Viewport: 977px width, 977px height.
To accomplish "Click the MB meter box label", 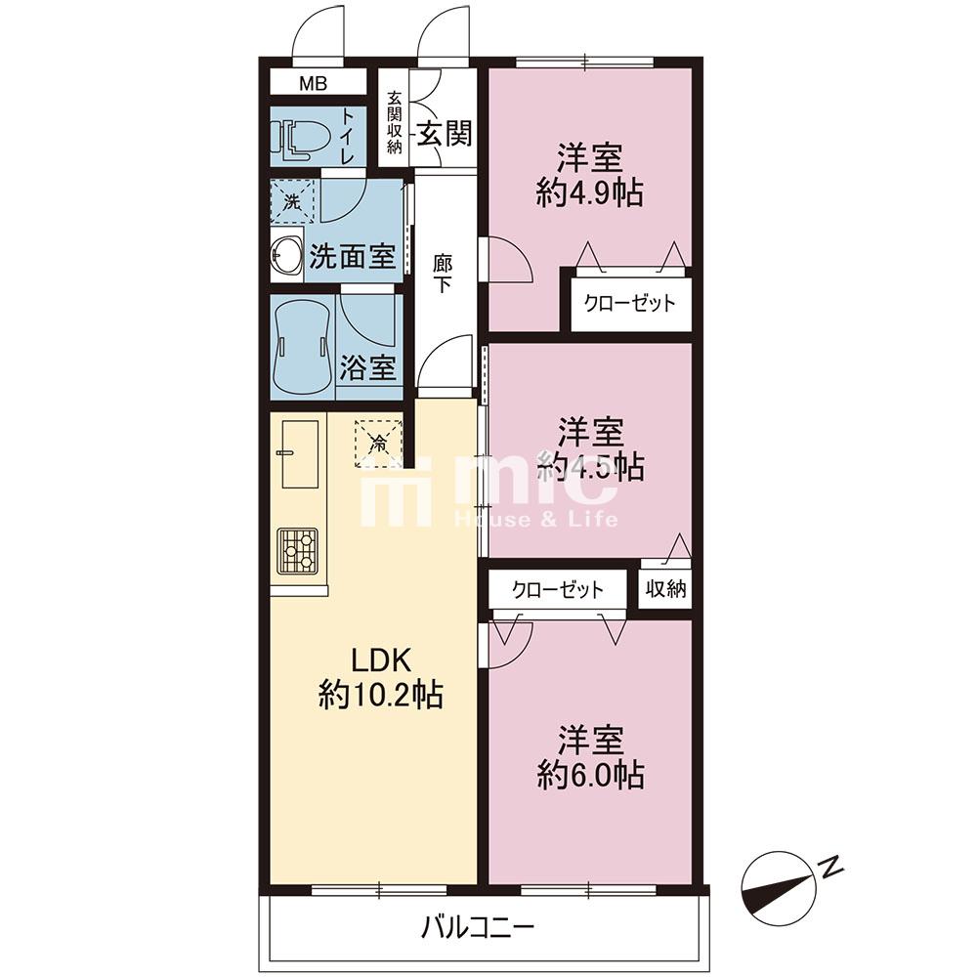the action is point(313,83).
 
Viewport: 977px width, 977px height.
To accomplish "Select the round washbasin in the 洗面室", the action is point(286,255).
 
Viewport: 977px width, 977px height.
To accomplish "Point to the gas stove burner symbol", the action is point(298,551).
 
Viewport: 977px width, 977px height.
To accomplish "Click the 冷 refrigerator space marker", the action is point(378,444).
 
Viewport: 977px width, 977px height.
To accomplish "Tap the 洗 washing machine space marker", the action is point(292,202).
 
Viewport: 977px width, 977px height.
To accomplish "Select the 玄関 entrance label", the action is point(445,133).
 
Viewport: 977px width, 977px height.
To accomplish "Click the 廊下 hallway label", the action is point(443,275).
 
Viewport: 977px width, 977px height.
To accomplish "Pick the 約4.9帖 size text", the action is point(590,193).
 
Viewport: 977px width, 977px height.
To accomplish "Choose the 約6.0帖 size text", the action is point(590,776).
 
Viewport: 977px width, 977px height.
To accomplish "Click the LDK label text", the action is point(381,660).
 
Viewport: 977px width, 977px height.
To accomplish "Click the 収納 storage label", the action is point(665,588).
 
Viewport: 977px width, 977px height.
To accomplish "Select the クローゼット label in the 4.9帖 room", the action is point(629,304).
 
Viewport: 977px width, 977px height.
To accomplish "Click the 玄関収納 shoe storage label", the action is point(394,122).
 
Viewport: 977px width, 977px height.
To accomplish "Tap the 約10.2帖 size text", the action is point(381,696).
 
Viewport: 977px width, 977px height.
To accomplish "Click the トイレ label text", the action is point(346,137).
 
